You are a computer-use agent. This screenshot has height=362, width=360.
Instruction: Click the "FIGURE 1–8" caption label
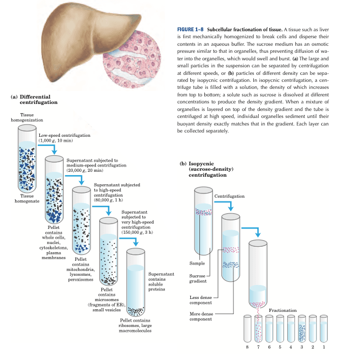(191, 28)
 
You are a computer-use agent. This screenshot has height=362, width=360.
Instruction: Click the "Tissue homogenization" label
(27, 117)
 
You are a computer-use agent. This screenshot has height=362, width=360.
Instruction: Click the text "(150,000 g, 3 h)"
(139, 232)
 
